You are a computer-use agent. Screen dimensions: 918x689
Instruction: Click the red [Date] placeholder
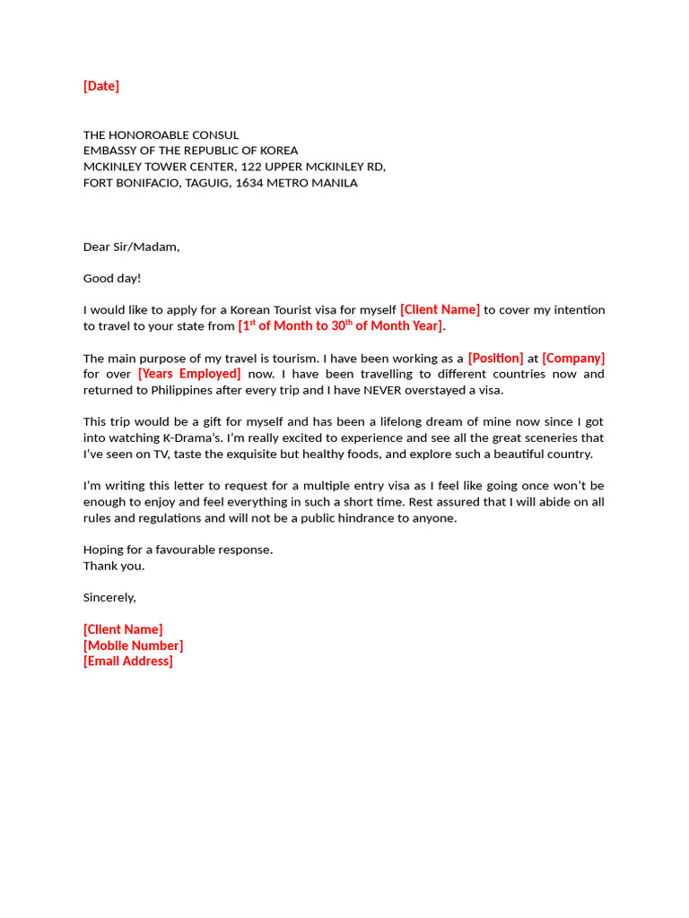click(x=101, y=86)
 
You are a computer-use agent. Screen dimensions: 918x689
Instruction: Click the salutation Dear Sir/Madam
click(x=131, y=247)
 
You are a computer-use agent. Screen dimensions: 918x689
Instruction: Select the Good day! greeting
click(x=112, y=278)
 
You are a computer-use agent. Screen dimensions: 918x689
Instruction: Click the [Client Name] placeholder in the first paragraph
click(x=440, y=310)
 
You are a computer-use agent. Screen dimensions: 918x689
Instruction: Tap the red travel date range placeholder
click(x=340, y=325)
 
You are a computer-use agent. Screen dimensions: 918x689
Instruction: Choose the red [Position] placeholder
click(x=495, y=358)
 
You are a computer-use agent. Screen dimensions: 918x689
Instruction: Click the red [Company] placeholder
click(x=573, y=358)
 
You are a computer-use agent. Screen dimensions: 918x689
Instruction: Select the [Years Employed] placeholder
click(x=189, y=374)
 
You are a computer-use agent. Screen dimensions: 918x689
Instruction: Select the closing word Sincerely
click(x=109, y=597)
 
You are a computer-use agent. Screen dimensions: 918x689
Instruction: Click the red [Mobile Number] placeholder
click(x=133, y=645)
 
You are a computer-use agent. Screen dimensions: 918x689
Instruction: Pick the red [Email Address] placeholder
click(x=128, y=661)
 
